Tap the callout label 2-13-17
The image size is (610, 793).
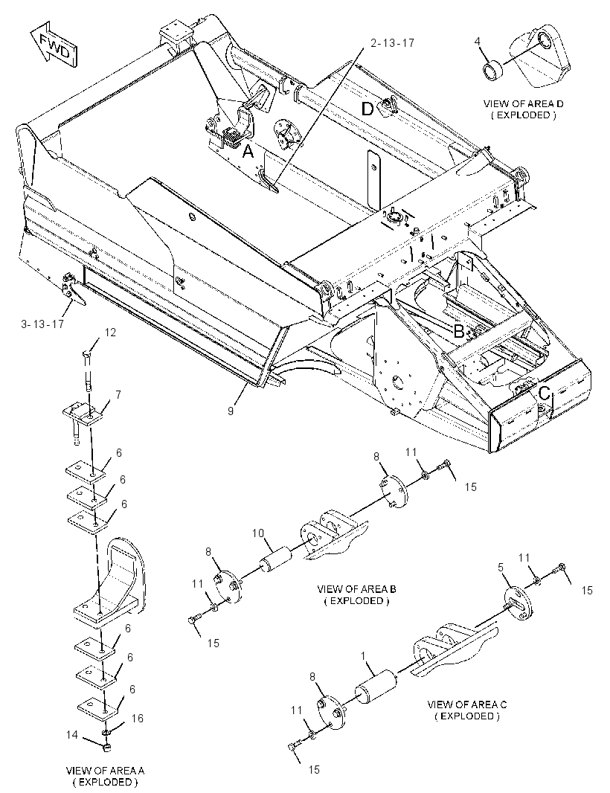tap(392, 43)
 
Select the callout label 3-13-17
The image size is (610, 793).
tap(42, 324)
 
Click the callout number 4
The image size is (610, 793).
tap(477, 42)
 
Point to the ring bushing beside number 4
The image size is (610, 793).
tap(492, 70)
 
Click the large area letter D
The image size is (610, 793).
tap(367, 108)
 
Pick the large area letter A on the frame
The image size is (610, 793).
tap(248, 151)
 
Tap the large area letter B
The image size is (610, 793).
tap(459, 331)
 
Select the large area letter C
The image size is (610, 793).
tap(545, 393)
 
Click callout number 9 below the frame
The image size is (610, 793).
tap(231, 411)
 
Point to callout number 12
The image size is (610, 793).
tap(110, 333)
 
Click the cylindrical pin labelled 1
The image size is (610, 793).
tap(376, 685)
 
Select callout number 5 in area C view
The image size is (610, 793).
tap(501, 568)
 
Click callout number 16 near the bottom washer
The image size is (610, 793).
tap(138, 718)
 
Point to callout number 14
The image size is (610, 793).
tap(72, 734)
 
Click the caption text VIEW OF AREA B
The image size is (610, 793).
tap(356, 589)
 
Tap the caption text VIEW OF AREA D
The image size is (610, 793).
tap(524, 103)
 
